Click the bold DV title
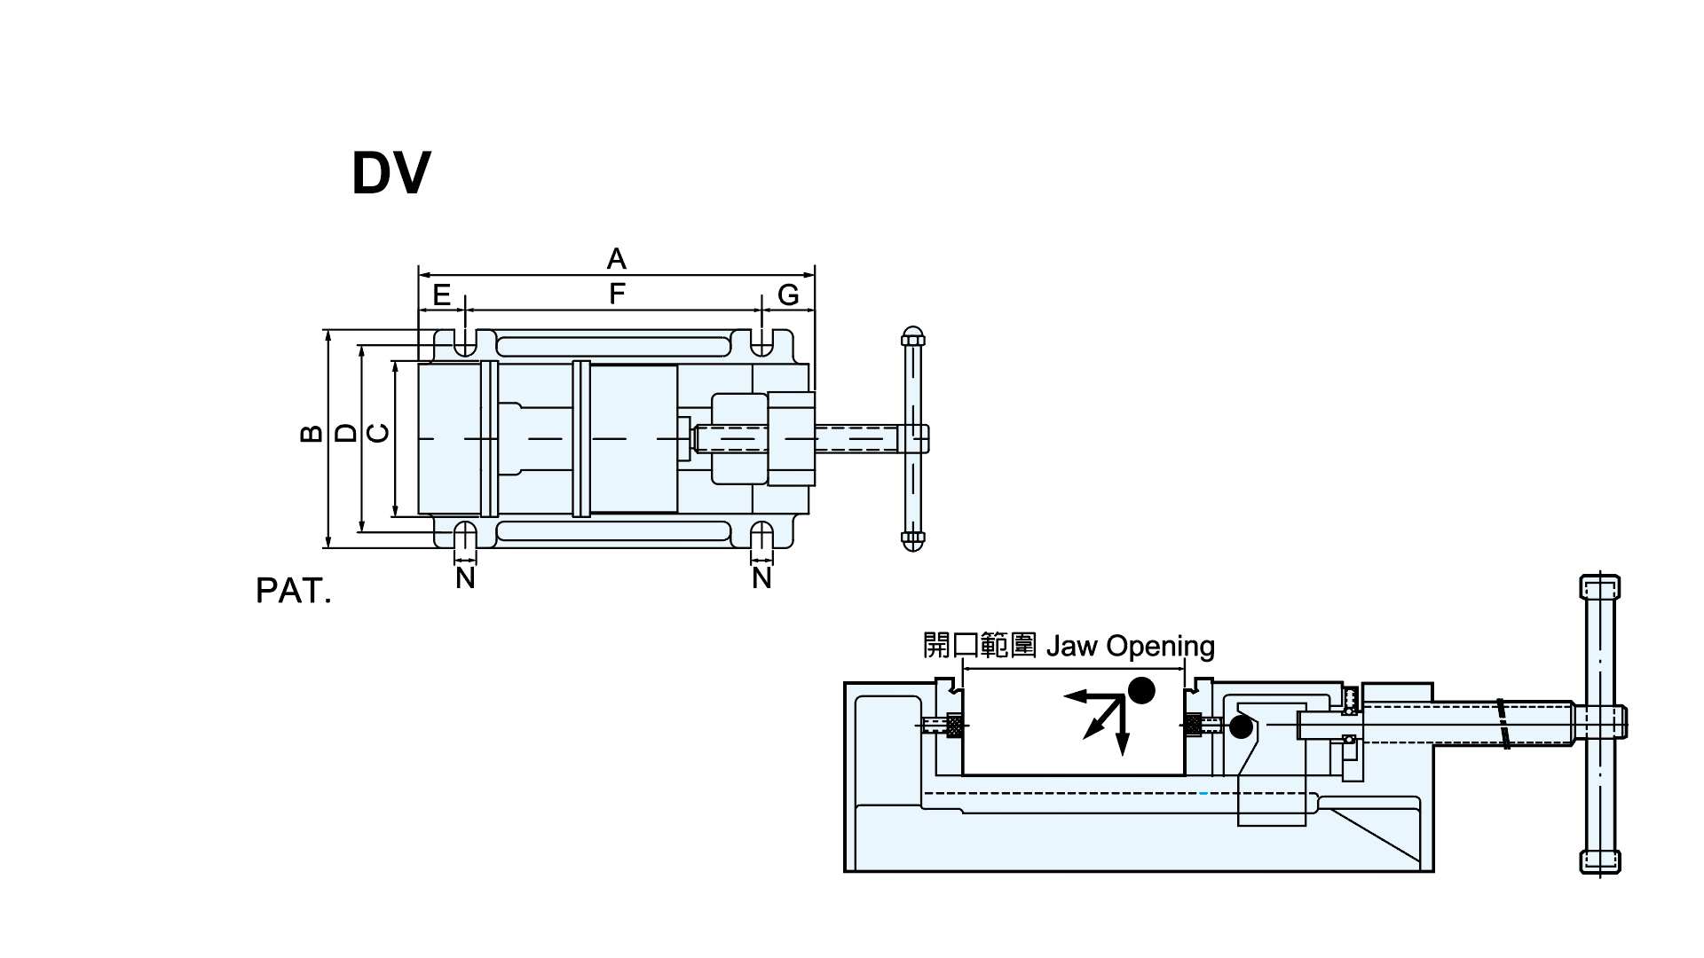pos(390,173)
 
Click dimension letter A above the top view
pos(616,259)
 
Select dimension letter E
pos(441,294)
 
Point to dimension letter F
pos(617,294)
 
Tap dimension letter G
pos(788,294)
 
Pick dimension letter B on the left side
pos(311,433)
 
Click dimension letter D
pos(347,433)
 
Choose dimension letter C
pos(378,433)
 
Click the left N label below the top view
pos(465,578)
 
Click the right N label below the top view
pos(761,578)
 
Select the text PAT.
pos(293,592)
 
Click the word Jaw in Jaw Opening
pos(1071,646)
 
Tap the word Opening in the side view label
pos(1160,647)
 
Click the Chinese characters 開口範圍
pos(980,645)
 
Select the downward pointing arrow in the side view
pos(1123,741)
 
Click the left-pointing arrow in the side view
pos(1078,696)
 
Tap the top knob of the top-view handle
pos(913,336)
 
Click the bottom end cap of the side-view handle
pos(1600,861)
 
